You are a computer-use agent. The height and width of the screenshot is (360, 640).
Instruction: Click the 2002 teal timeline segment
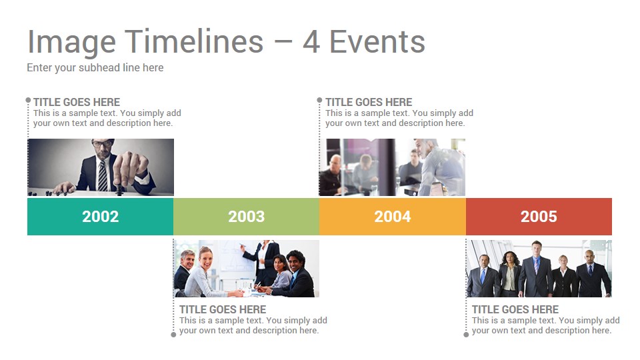tap(101, 217)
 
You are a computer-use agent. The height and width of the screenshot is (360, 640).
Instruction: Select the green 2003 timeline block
tap(247, 217)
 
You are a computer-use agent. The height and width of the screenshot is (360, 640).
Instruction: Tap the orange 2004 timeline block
tap(393, 217)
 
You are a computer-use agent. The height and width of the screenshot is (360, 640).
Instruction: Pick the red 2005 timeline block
tap(539, 217)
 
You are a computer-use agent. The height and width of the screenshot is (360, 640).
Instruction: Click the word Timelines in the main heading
tap(194, 41)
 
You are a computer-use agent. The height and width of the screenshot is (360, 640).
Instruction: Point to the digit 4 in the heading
tap(311, 42)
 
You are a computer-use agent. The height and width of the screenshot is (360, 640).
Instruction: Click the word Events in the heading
tap(377, 41)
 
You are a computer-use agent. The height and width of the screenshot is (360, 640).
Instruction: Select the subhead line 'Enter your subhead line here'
tap(95, 68)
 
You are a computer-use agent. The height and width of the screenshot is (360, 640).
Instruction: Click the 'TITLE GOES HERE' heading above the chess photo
tap(77, 102)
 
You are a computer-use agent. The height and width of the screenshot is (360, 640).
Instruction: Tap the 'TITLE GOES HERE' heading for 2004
tap(369, 102)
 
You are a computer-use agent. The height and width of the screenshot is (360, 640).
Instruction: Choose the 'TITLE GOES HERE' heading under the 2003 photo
tap(223, 309)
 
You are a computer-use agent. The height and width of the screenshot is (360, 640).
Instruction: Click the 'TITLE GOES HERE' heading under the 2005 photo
tap(515, 309)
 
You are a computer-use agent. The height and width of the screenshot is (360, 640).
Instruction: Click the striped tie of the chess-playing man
tap(103, 175)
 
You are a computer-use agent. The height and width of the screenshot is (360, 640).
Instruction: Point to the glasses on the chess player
tap(103, 143)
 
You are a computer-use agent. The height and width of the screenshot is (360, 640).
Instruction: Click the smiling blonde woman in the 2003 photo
tap(203, 273)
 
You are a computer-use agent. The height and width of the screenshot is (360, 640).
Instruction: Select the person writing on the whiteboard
tap(264, 261)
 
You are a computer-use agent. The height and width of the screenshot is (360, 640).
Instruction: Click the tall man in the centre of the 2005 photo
tap(535, 269)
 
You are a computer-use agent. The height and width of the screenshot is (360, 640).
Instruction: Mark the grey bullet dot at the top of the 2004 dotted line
tap(319, 100)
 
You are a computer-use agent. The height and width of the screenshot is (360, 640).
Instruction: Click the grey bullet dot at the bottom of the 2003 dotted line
tap(173, 335)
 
